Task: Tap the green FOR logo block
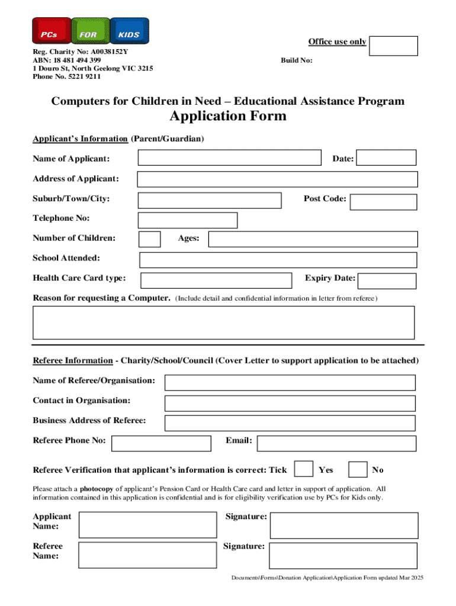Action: [x=90, y=31]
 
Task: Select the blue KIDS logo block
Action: [x=129, y=31]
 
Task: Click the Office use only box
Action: [x=393, y=46]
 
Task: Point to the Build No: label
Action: [x=297, y=60]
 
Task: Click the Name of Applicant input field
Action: [x=229, y=157]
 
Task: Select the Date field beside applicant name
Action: [x=387, y=157]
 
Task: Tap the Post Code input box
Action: [x=383, y=202]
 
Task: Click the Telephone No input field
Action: [x=188, y=220]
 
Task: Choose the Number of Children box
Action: [x=149, y=239]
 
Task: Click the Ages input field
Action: [x=313, y=239]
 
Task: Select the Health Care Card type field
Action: [x=216, y=280]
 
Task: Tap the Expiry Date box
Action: [x=387, y=281]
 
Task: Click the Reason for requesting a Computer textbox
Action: [x=223, y=322]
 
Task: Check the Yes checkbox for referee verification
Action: [x=304, y=469]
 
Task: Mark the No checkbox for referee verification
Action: [x=357, y=469]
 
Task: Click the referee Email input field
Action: [x=336, y=443]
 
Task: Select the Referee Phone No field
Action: [x=161, y=443]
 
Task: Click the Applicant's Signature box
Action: [x=343, y=525]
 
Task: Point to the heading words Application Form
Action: [x=228, y=116]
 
